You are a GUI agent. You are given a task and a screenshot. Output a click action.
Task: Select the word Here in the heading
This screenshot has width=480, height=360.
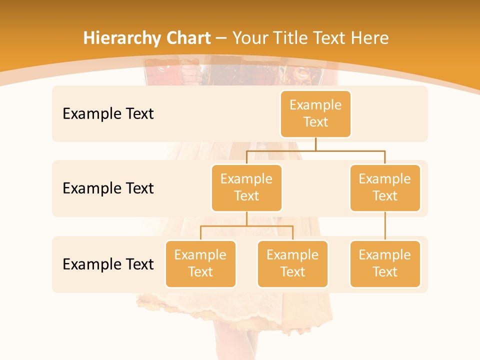pos(369,38)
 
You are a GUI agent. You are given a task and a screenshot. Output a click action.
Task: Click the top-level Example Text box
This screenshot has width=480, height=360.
pos(315,113)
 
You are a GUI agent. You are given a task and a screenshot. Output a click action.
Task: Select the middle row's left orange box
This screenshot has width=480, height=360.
pos(246,187)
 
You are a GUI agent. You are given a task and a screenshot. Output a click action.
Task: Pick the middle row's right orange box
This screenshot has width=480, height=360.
pos(385,187)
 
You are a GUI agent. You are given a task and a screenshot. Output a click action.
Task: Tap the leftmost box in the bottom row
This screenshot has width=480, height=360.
pos(200,263)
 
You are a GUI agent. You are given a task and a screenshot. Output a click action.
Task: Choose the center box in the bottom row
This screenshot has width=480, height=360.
pos(292,263)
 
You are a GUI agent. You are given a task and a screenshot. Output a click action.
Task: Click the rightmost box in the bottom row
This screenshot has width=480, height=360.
pos(385,263)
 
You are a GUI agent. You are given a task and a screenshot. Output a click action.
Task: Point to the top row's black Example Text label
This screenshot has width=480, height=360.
pos(108,113)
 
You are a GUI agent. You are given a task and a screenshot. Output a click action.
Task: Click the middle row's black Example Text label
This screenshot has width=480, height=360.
pos(108,188)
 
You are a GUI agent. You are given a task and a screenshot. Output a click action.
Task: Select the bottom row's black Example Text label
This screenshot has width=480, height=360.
pos(108,264)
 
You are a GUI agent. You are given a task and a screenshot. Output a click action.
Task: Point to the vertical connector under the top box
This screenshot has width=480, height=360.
pos(315,144)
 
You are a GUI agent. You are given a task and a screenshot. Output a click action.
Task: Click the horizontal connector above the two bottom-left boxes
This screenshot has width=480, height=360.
pos(246,226)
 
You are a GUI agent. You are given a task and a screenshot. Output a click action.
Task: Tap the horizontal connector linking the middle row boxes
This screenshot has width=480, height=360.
pos(315,150)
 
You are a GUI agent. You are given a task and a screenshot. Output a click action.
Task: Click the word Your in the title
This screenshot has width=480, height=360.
pos(249,38)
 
